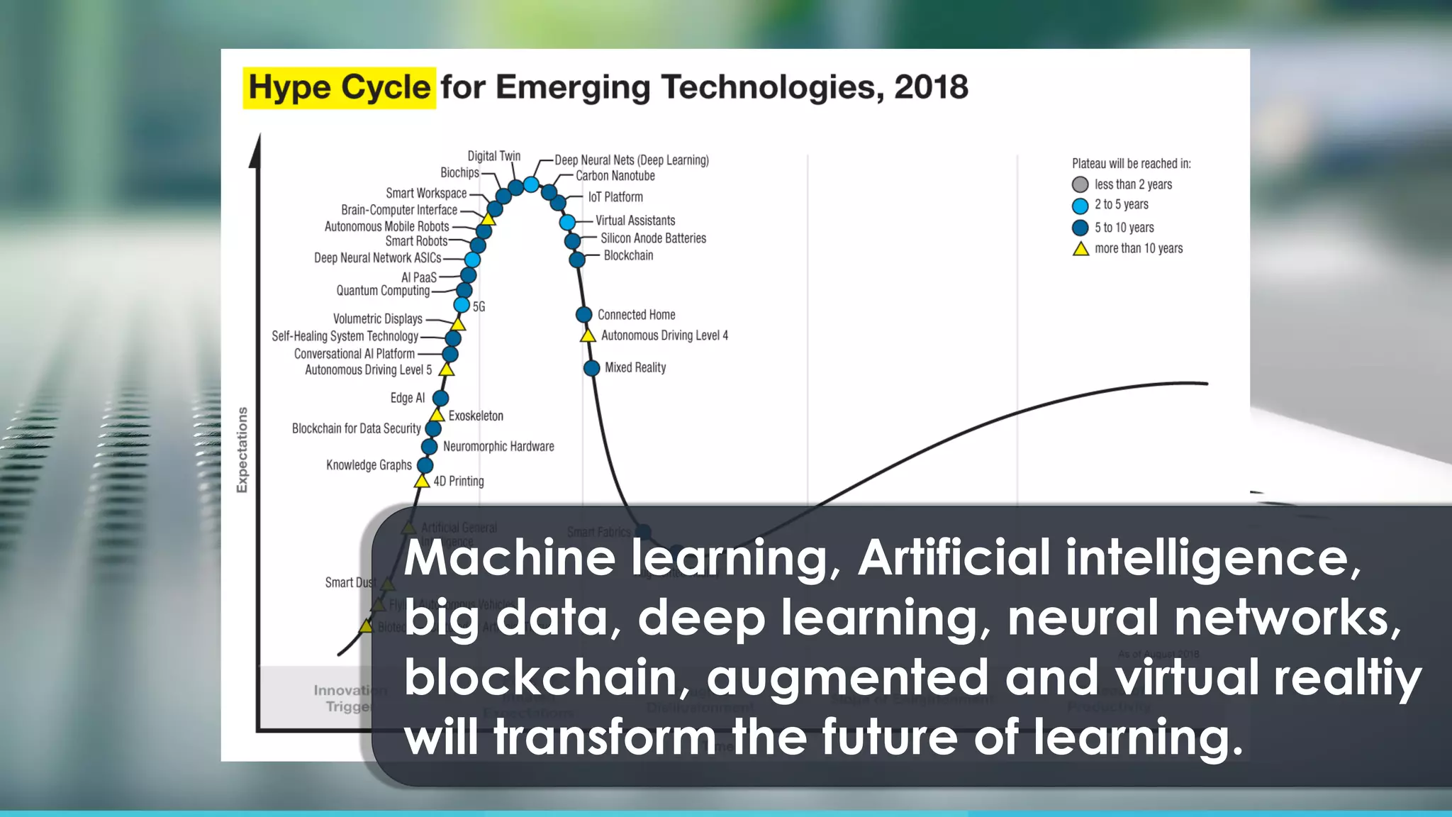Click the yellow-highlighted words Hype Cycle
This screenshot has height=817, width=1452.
(339, 88)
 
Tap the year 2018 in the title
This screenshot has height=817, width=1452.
(930, 88)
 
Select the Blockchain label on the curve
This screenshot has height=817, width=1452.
(628, 256)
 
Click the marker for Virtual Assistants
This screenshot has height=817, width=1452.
(567, 223)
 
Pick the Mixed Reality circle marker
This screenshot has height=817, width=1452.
(591, 368)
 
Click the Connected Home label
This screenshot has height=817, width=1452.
(636, 315)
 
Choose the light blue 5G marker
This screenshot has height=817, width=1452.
(462, 305)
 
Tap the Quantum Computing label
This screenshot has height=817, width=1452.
(383, 291)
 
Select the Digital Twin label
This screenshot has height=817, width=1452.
(493, 156)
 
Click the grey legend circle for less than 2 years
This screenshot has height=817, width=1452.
(1080, 185)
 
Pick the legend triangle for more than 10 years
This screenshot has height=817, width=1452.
(1080, 249)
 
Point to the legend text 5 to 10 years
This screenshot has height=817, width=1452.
(1124, 228)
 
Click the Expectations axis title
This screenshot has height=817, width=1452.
(242, 450)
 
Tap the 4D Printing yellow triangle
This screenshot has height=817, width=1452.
(422, 482)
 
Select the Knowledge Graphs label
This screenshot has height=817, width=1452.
(369, 465)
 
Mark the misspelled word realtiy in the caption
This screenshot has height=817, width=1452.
(1347, 677)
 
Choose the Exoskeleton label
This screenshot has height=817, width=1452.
(476, 416)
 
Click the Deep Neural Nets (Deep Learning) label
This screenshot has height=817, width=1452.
(631, 160)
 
